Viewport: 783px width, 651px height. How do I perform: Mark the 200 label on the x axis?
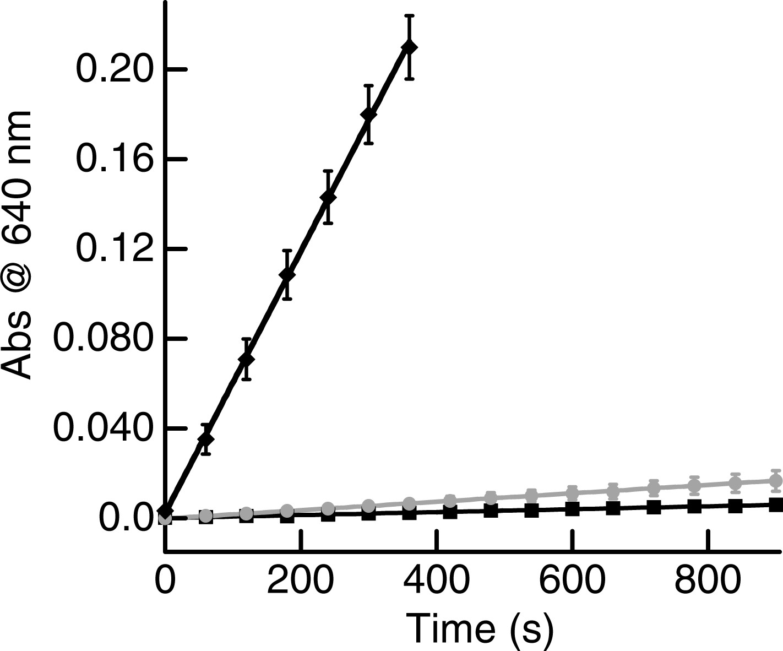pos(301,578)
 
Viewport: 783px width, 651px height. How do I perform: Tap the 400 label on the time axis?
pos(437,578)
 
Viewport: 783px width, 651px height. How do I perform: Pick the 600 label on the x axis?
pos(572,578)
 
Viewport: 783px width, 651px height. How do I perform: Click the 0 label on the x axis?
pos(165,578)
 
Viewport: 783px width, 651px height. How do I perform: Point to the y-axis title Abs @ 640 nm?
pos(17,246)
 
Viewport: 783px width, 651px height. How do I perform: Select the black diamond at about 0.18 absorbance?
pos(368,115)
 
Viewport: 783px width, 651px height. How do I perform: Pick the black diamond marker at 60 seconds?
pos(206,439)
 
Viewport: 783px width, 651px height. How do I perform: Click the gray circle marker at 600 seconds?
pos(572,493)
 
